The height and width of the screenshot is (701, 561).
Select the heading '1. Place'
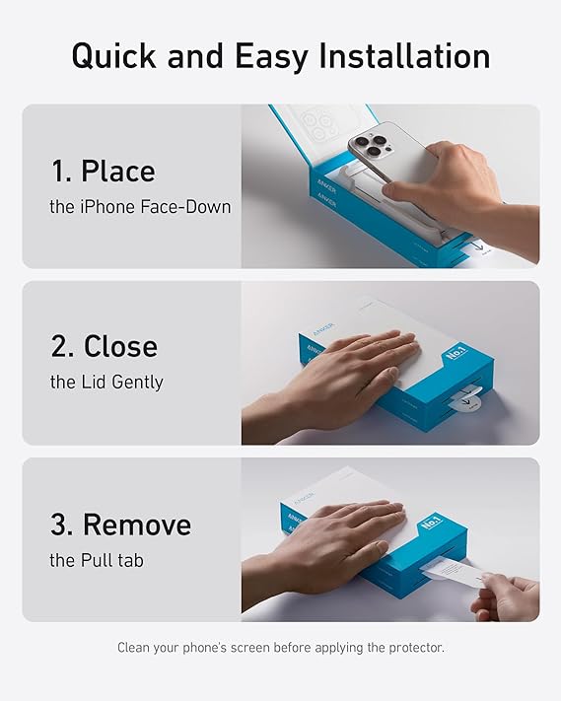(103, 171)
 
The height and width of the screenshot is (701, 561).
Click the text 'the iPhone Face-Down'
(140, 207)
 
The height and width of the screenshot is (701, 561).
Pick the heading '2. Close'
(104, 346)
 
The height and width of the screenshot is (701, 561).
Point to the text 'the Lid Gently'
(106, 382)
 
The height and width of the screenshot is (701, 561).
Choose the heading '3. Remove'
(120, 524)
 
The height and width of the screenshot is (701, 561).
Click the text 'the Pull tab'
(97, 560)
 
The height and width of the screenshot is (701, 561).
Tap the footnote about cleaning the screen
(281, 648)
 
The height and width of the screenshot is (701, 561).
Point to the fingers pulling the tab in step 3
(505, 597)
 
